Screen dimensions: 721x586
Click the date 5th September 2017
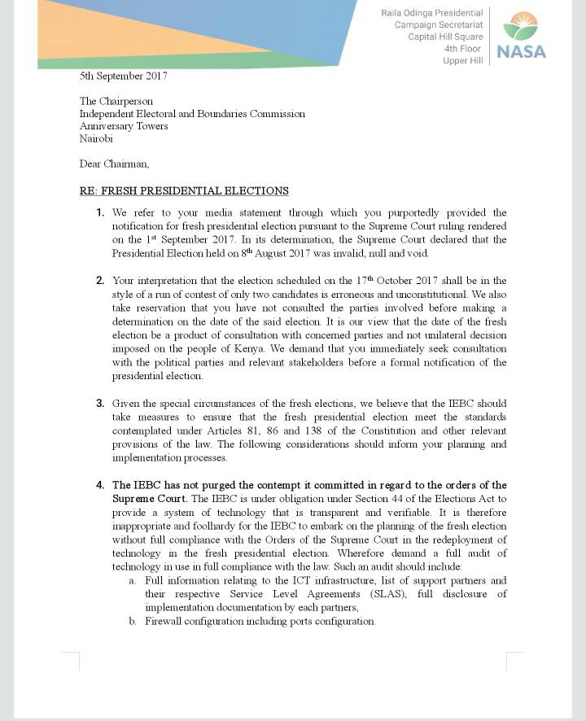tap(123, 76)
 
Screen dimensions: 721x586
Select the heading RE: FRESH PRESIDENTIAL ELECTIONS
tap(184, 191)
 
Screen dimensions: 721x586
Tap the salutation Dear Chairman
tap(114, 164)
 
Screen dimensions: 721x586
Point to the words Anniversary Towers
tap(124, 126)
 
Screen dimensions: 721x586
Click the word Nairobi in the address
tap(96, 138)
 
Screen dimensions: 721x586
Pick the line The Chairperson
tap(116, 101)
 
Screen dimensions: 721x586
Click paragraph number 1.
tap(100, 213)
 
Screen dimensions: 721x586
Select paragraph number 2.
tap(100, 281)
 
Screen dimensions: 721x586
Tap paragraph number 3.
tap(100, 404)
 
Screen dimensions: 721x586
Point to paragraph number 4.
tap(100, 486)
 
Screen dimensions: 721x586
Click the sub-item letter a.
tap(132, 581)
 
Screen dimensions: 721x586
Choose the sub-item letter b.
tap(132, 622)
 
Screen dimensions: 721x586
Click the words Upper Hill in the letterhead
tap(463, 61)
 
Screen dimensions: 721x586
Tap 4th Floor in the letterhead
tap(463, 49)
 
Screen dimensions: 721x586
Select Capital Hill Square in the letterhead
tap(445, 37)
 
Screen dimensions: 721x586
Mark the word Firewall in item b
tap(165, 622)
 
